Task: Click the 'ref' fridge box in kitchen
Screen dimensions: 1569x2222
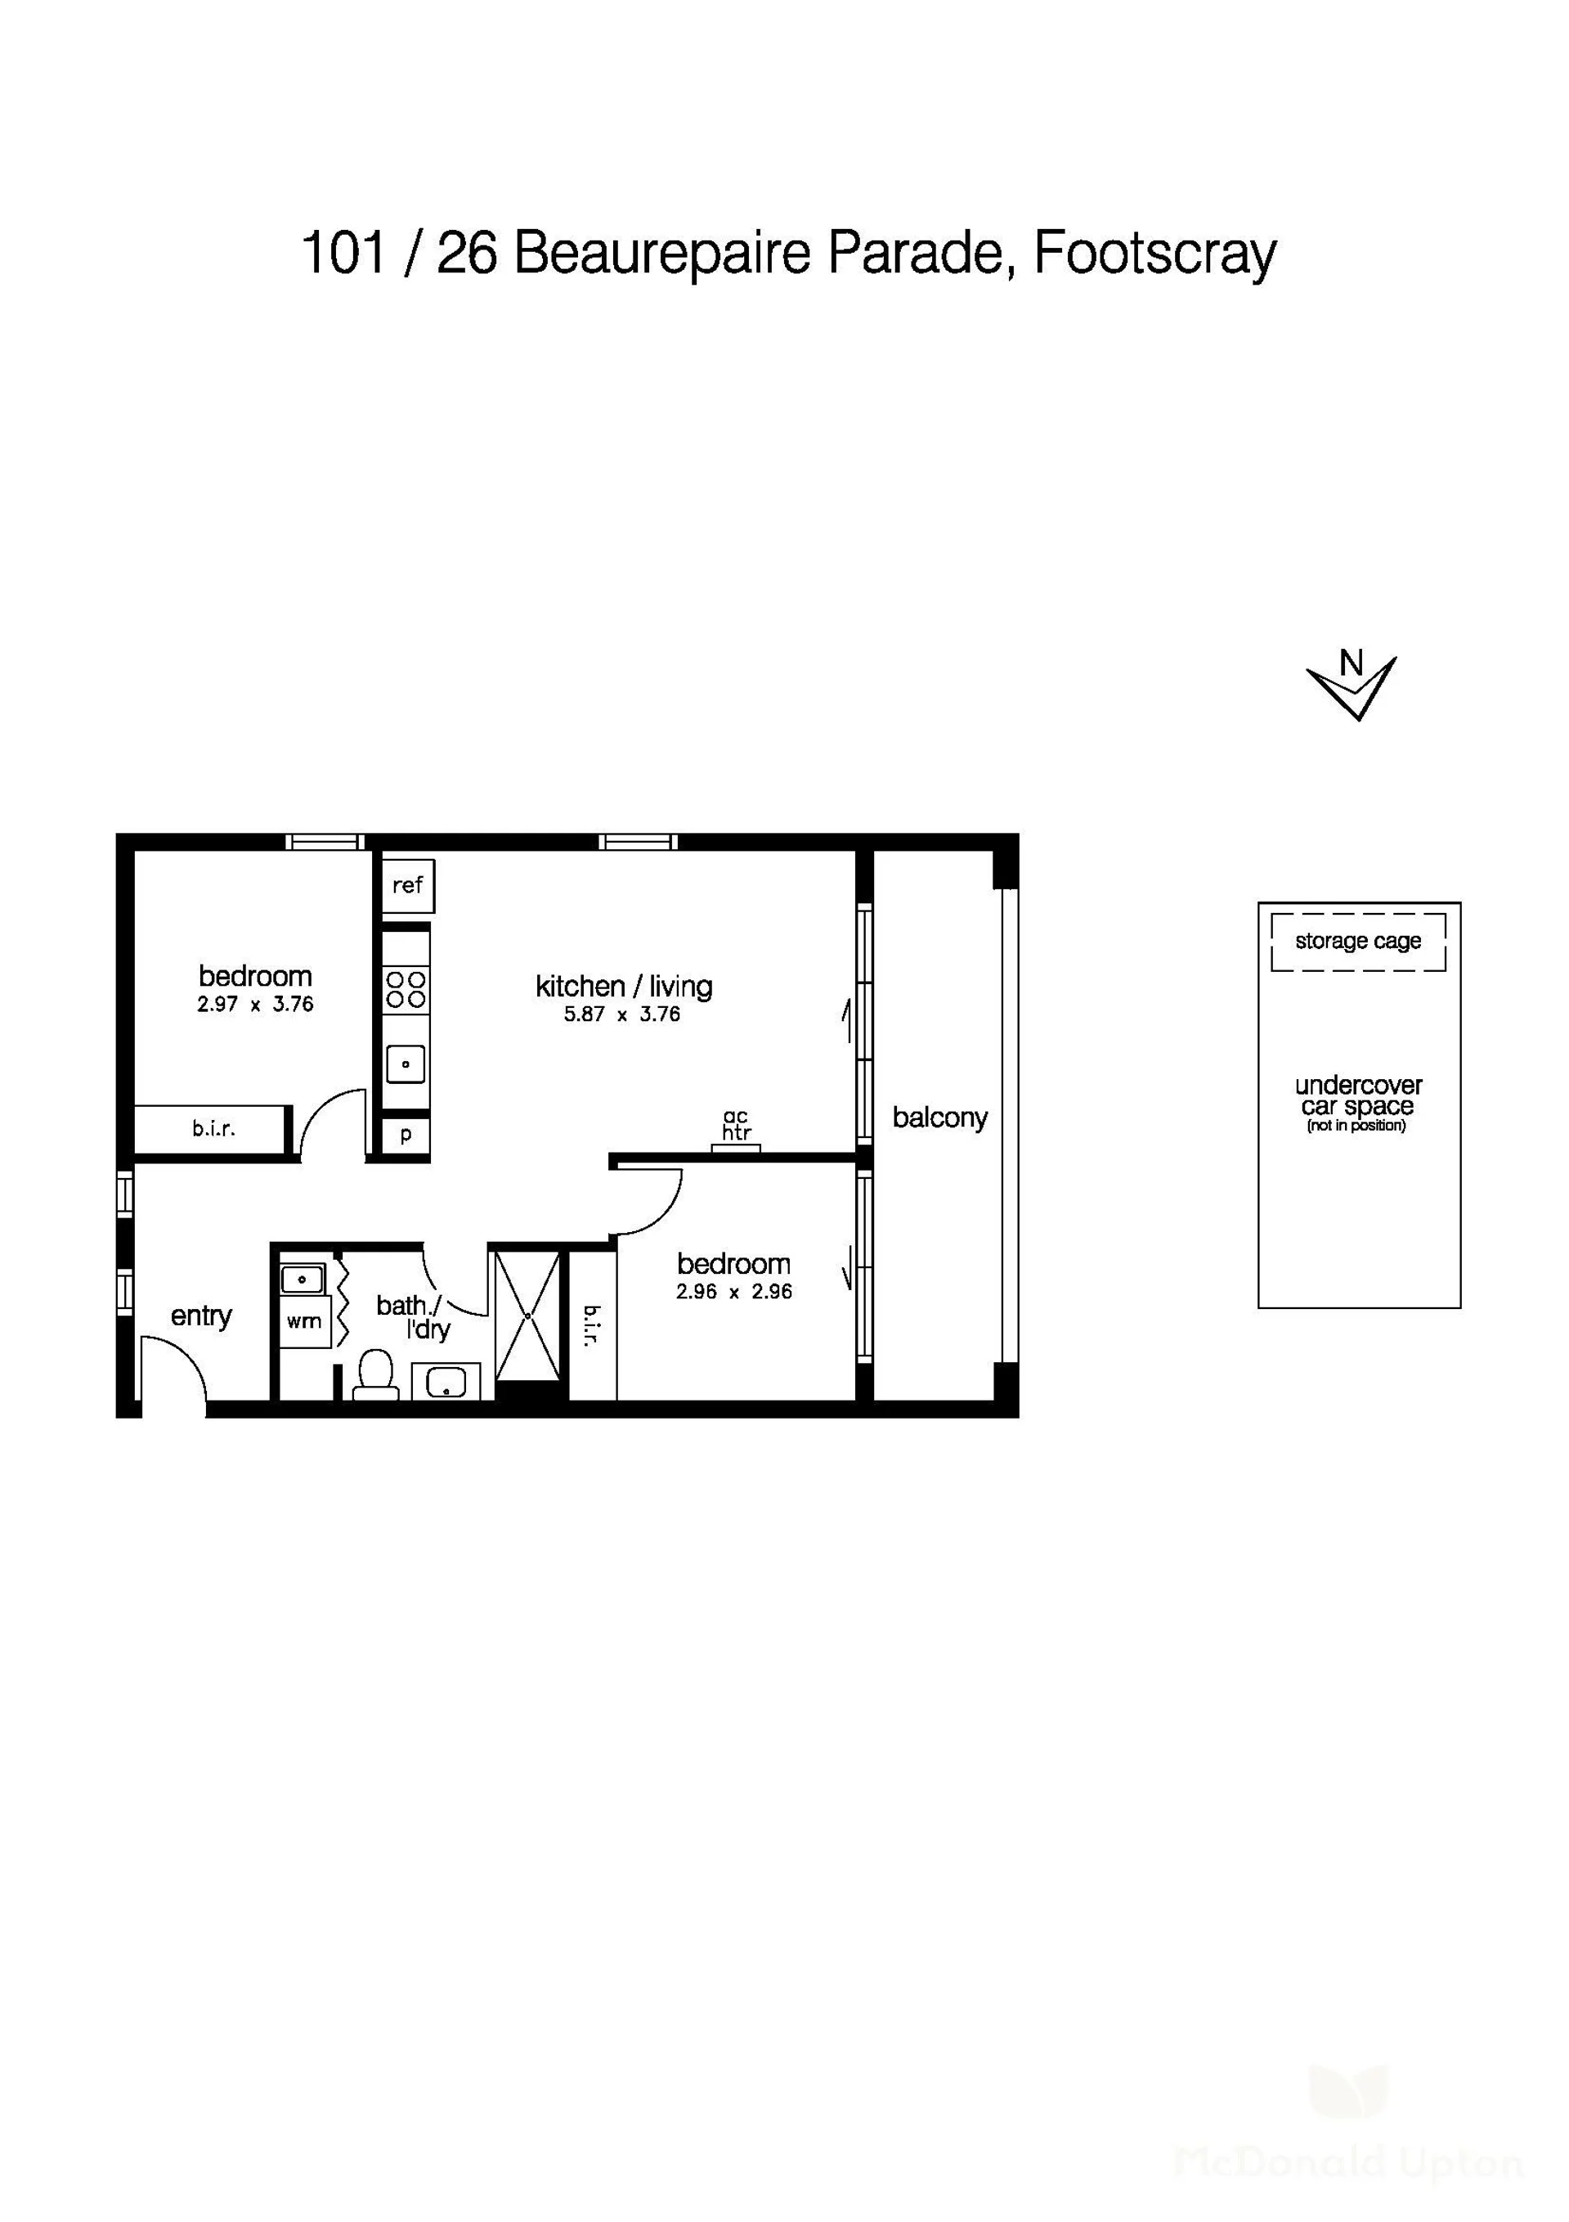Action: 408,884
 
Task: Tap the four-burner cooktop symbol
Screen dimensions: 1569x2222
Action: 406,989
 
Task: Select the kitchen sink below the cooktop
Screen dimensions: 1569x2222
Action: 406,1064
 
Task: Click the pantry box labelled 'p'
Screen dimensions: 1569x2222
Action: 406,1136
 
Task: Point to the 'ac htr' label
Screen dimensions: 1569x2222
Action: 736,1125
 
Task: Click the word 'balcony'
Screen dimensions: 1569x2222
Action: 939,1118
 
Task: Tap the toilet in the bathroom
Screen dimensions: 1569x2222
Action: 376,1375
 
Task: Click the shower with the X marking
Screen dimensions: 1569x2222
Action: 527,1316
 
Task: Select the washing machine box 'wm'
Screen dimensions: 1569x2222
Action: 303,1321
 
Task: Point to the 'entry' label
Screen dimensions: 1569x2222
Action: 201,1316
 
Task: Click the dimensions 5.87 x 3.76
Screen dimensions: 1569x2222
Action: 622,1014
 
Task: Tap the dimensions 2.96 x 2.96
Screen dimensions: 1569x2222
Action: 734,1291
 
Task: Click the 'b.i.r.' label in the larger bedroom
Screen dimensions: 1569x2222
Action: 213,1128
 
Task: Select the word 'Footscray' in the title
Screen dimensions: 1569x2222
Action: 1156,254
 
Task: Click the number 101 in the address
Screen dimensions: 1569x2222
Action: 344,253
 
